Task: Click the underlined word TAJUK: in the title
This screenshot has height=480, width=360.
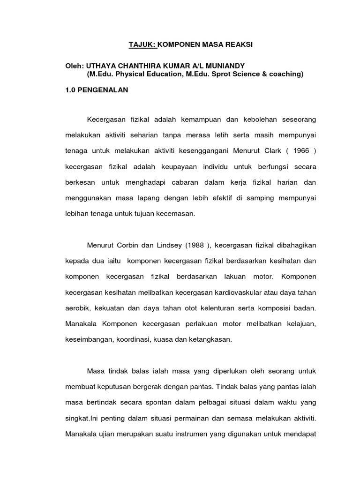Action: point(142,45)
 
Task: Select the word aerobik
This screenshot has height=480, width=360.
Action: point(78,309)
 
